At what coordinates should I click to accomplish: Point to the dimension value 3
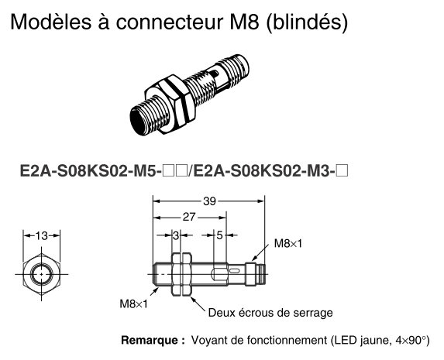(x=176, y=235)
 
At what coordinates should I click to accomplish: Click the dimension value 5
(x=220, y=235)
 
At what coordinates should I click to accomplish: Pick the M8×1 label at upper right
(x=288, y=243)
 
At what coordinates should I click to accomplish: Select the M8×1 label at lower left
(x=133, y=304)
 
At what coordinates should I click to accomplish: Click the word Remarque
(x=152, y=340)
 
